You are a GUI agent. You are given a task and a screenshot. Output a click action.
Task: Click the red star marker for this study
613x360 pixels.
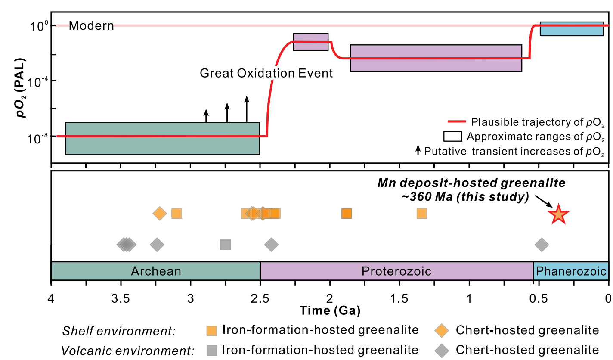558,214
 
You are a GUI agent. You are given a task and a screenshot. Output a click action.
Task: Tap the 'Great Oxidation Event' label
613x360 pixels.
266,73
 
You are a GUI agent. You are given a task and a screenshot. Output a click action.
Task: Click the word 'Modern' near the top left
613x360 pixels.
91,26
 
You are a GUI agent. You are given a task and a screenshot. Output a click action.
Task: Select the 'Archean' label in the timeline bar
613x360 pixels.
156,271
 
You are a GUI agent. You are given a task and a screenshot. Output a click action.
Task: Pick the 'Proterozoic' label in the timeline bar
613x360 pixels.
396,271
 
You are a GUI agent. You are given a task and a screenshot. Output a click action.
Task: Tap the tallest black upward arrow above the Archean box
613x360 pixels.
247,109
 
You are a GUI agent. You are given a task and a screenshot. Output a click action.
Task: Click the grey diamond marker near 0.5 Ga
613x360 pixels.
542,245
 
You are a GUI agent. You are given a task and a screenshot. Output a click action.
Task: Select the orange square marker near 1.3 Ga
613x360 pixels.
422,213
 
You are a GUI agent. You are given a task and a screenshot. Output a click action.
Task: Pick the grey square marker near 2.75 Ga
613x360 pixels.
226,245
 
